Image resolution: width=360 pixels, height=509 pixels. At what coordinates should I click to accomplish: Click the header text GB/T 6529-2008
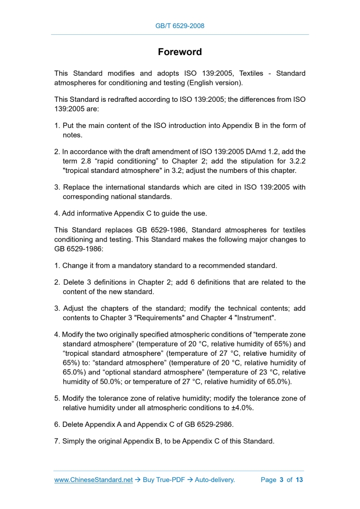180,25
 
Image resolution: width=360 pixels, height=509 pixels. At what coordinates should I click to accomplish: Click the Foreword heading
180,52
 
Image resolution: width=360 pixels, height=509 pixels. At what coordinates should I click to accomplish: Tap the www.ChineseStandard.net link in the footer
94,480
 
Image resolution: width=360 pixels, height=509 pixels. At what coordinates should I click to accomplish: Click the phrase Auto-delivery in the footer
215,480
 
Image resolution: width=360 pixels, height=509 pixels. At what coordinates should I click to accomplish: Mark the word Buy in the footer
149,480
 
